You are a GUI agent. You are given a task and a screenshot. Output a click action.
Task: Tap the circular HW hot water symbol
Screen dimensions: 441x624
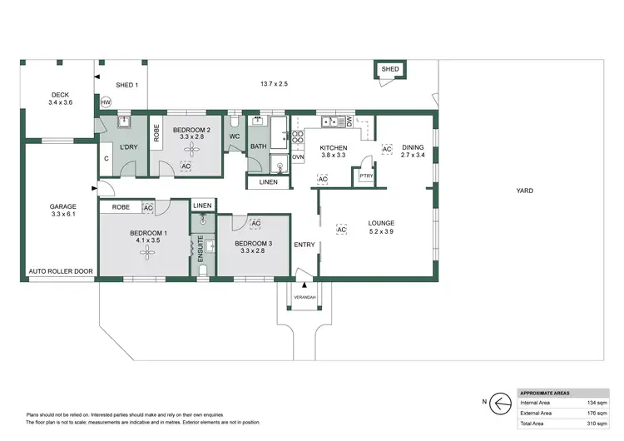click(x=106, y=102)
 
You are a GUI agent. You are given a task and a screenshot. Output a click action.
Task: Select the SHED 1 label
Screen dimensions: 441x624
click(x=126, y=85)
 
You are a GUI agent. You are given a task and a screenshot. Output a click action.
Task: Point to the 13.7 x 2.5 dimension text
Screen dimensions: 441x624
click(x=273, y=85)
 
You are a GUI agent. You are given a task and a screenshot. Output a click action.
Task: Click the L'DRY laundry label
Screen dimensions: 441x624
click(x=128, y=147)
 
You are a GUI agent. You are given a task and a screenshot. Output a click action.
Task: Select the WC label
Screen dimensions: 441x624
click(x=235, y=136)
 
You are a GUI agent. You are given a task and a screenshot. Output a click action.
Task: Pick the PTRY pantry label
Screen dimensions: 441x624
click(x=365, y=176)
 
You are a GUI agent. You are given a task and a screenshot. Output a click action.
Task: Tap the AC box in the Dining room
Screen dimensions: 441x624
click(x=386, y=149)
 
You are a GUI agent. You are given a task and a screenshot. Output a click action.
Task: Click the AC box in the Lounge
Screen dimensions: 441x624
click(x=341, y=230)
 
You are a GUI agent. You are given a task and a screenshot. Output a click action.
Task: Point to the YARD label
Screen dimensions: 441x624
click(x=524, y=191)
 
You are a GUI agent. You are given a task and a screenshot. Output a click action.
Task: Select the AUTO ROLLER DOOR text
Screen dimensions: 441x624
click(x=60, y=272)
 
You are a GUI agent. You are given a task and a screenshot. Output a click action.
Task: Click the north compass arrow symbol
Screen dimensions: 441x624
click(x=499, y=403)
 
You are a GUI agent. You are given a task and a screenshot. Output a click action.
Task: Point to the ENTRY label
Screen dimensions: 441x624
click(x=304, y=244)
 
